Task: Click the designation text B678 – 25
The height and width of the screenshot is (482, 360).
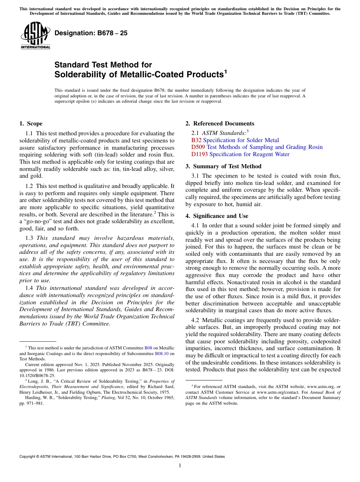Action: [x=91, y=33]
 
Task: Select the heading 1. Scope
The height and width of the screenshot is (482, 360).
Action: [x=31, y=124]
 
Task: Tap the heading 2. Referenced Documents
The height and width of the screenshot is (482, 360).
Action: [x=219, y=124]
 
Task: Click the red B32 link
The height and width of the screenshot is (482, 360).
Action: [x=196, y=140]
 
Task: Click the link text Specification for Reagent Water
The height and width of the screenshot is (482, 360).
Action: [x=249, y=154]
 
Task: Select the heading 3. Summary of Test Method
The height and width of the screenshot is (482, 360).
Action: [x=223, y=166]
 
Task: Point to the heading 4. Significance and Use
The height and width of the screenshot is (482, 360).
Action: [x=217, y=216]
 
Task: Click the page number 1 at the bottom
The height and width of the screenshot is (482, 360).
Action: [x=180, y=466]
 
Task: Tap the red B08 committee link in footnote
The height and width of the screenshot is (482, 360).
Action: [x=148, y=347]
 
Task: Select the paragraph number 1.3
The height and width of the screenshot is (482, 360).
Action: [x=29, y=238]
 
